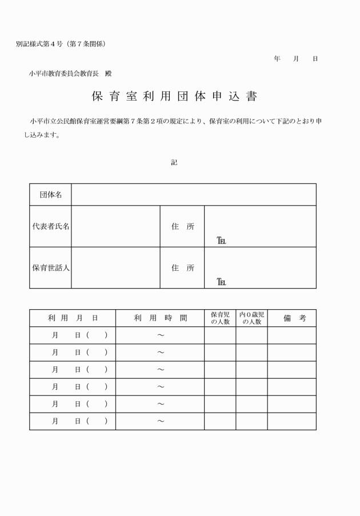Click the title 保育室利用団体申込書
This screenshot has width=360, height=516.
coord(174,97)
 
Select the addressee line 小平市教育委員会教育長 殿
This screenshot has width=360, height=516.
coord(71,74)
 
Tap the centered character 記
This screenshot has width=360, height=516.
coord(174,162)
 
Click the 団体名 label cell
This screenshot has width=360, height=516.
coord(51,195)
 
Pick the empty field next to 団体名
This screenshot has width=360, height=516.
coord(193,195)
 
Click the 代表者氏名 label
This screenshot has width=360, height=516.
coord(51,226)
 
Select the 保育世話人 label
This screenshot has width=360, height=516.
coord(51,267)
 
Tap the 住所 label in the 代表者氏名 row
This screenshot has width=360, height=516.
coord(183,226)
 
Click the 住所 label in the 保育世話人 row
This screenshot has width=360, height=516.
coord(183,267)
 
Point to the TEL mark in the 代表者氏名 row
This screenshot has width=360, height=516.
coord(221,241)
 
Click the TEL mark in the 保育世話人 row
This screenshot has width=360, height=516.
coord(221,282)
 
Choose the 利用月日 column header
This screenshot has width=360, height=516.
coord(73,318)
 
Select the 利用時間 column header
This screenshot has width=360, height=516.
coord(160,318)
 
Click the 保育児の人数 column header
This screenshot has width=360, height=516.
coord(220,318)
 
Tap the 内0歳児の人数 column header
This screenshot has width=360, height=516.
coord(251,318)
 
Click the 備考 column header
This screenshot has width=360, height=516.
coord(291,318)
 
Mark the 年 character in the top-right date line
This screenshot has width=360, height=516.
coord(277,59)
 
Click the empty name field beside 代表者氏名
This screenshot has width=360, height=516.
coord(115,226)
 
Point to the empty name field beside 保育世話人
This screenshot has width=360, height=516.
coord(115,267)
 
